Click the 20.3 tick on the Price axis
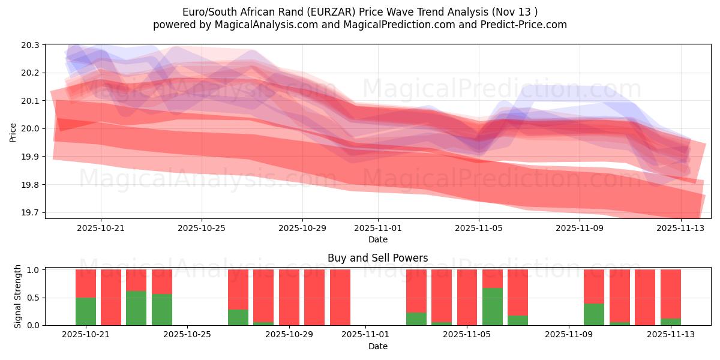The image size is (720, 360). pos(32,45)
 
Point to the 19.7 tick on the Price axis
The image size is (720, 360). pos(32,213)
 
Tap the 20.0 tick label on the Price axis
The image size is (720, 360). pos(32,129)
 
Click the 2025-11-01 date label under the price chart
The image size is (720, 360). pos(378,228)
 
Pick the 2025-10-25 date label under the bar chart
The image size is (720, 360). pos(188,335)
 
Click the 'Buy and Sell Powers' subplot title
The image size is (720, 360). pos(377,259)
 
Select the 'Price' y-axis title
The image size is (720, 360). pos(13,131)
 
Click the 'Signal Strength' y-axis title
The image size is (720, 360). pos(18,296)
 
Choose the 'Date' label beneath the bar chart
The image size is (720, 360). pos(377,346)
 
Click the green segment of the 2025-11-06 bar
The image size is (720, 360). pos(493,307)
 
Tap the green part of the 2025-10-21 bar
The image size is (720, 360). pos(86,311)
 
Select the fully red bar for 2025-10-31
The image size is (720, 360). pos(340,297)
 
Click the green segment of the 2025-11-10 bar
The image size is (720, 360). pos(594,314)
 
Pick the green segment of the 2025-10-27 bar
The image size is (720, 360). pos(238,317)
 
